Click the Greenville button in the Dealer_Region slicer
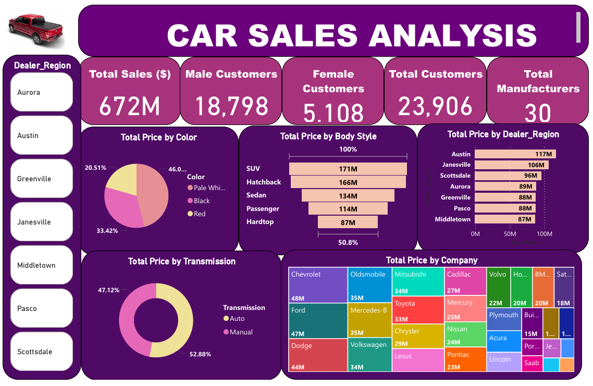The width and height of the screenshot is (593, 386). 41,178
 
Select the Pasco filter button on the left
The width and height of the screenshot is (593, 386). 41,308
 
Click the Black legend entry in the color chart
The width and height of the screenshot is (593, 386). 201,201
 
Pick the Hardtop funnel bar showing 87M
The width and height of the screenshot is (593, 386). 348,222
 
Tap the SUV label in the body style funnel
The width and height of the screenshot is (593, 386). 253,169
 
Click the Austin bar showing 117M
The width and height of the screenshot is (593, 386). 515,154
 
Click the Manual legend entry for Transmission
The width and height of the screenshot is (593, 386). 240,332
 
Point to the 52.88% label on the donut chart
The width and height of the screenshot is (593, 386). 200,354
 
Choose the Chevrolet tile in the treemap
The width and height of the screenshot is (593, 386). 318,284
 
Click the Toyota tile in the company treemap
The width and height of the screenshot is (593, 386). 418,310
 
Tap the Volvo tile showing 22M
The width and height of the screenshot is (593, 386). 498,287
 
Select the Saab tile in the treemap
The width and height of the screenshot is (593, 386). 532,363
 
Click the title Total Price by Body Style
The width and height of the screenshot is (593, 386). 328,136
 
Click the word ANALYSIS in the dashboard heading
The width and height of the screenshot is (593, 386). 453,36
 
